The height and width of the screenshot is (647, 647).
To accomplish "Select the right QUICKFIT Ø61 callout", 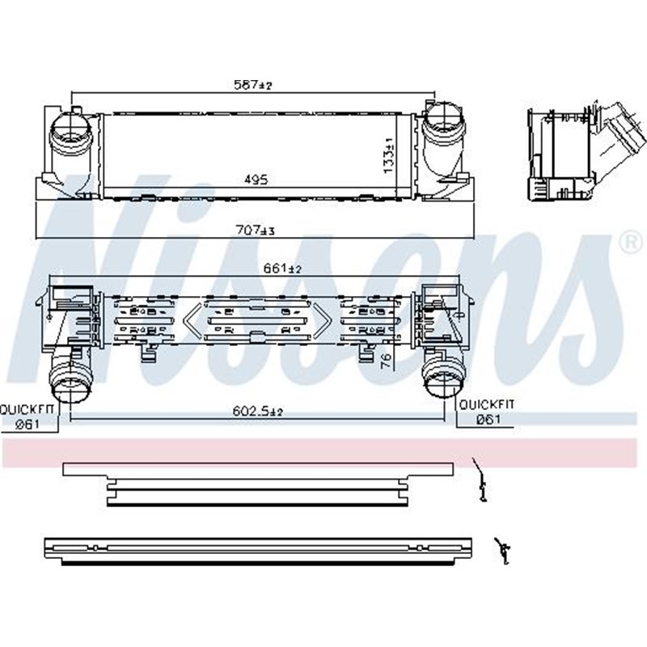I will [x=486, y=411].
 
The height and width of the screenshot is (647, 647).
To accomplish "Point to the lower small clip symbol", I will [x=501, y=550].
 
